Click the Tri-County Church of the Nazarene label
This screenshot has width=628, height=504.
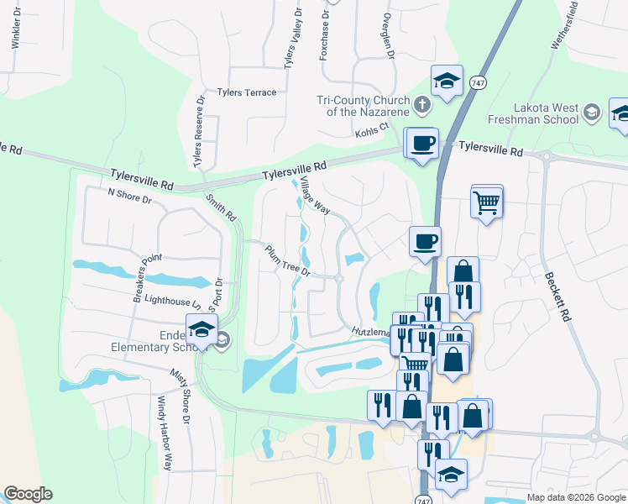click(x=363, y=106)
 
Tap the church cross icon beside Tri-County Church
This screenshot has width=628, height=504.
click(x=422, y=105)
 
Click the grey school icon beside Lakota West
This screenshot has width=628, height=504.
click(x=593, y=112)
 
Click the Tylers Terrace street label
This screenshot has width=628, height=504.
click(x=246, y=92)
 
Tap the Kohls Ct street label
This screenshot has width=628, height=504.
click(x=373, y=129)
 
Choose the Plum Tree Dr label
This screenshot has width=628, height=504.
click(x=288, y=262)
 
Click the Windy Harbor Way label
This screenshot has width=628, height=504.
click(x=167, y=433)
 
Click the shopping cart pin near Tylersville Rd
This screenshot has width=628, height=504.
click(x=487, y=202)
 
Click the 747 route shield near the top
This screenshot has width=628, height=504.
click(x=477, y=83)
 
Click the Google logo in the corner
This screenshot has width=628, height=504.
click(x=28, y=494)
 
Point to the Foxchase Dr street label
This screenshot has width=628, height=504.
click(x=324, y=29)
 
